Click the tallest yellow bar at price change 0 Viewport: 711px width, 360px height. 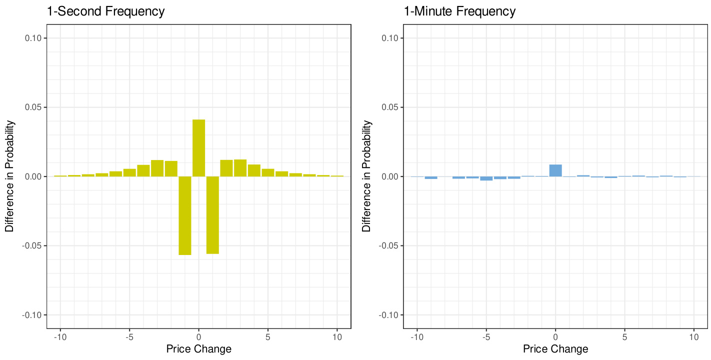(198, 148)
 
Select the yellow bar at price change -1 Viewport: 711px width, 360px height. (185, 215)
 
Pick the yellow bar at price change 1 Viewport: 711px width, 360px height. (212, 215)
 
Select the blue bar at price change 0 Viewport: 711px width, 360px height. (555, 170)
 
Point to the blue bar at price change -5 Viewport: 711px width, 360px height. (486, 178)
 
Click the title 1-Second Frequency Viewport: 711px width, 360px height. (105, 11)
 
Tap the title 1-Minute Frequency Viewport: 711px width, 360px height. (459, 11)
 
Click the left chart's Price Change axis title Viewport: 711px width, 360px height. (198, 348)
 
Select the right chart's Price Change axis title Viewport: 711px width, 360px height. (555, 348)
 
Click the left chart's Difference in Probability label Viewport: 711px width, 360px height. (9, 176)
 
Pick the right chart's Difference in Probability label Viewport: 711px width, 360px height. (366, 176)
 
